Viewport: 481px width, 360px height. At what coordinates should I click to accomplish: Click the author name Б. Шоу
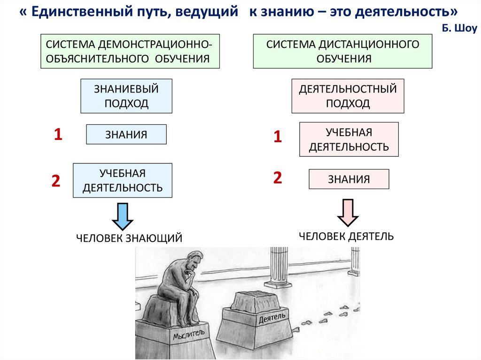tap(459, 29)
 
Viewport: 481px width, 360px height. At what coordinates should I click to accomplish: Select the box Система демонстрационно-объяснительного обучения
tap(130, 52)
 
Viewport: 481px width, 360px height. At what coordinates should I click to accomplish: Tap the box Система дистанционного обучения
tap(342, 52)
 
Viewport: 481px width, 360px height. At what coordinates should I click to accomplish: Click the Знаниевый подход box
tap(126, 96)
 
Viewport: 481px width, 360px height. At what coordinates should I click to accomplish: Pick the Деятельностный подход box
tap(348, 96)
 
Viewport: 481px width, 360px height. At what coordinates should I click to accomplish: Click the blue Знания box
tap(126, 135)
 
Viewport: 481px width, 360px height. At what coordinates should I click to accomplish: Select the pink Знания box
tap(349, 179)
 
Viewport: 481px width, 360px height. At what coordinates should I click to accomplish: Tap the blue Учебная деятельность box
tap(123, 181)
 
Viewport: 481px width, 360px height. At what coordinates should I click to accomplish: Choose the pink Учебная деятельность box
tap(349, 139)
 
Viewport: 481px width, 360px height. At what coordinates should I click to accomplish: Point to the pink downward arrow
tap(348, 212)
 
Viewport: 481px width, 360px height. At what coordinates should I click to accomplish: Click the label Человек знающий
tap(129, 238)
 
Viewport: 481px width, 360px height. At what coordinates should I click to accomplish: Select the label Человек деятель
tap(346, 236)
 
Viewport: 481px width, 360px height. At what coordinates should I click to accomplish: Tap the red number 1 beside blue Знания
tap(58, 135)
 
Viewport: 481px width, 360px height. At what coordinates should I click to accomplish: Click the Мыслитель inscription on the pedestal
tap(189, 334)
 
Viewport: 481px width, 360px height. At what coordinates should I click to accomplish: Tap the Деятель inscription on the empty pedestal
tap(272, 320)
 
